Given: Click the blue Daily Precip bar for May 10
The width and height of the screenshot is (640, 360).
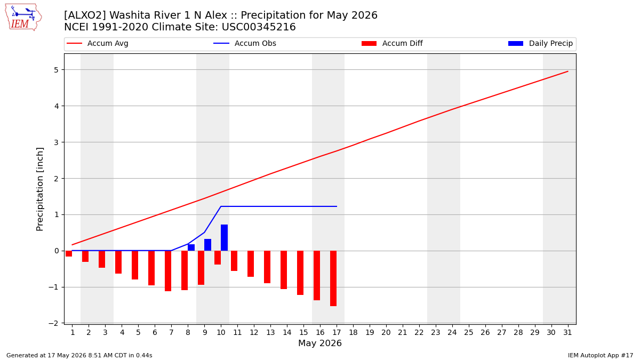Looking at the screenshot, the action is point(225,238).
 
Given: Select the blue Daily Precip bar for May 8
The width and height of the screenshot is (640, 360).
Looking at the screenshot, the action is point(191,247).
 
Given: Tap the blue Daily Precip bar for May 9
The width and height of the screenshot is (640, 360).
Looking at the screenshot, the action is point(207,245).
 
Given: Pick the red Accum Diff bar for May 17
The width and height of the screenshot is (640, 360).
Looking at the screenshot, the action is point(333,278).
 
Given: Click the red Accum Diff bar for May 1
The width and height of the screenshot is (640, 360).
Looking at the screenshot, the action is point(69,254).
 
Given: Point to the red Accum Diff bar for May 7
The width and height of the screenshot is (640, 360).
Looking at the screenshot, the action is point(168,271).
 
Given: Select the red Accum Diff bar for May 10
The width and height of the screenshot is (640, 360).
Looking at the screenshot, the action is point(218,258).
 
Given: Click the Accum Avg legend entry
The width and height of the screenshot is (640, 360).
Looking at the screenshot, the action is point(98,43).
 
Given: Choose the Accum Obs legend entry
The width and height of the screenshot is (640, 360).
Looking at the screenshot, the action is point(245,43).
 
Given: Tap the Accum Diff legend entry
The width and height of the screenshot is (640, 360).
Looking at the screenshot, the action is point(392,43).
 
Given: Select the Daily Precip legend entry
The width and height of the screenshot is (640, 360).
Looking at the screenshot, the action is point(541,43).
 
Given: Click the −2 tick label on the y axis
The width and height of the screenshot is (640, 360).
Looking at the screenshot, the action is point(53,323).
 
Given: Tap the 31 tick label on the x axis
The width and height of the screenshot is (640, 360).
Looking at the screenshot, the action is point(567,333).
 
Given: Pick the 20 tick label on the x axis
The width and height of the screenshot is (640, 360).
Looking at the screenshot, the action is point(386,333).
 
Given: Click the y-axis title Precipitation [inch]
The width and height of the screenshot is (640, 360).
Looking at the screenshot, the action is point(39,189).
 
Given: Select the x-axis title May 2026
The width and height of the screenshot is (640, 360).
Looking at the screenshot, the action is point(320,343).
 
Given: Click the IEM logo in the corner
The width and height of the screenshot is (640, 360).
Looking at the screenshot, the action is point(23,18).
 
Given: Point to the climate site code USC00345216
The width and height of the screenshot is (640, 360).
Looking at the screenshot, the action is point(259,27).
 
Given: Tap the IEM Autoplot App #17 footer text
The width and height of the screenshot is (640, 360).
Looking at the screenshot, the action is point(601,355).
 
